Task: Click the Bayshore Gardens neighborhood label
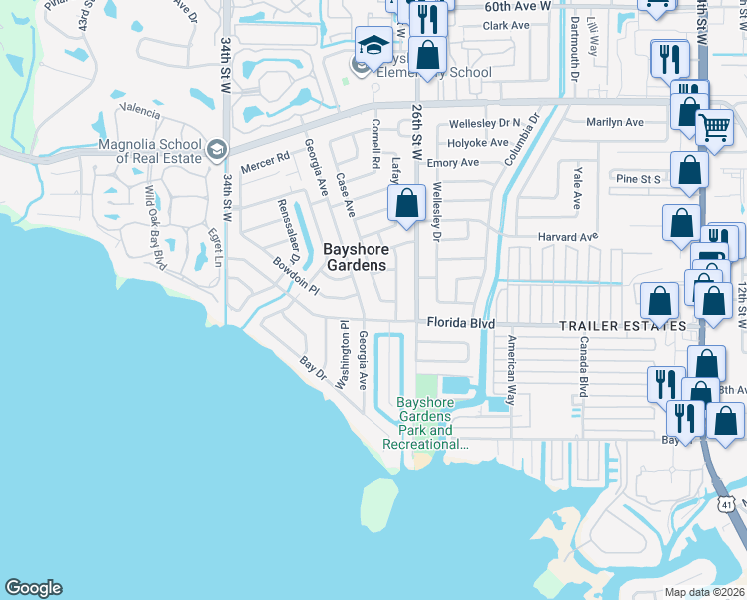coord(355,257)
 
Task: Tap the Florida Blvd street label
coord(461,324)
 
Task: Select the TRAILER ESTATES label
coord(622,327)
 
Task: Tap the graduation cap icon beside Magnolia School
coord(216,151)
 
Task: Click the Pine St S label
coord(639,179)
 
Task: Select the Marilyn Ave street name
coord(614,122)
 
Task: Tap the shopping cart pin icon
coord(714,129)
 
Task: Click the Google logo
coord(33,588)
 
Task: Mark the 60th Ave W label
coord(518,6)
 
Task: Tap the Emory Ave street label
coord(453,163)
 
